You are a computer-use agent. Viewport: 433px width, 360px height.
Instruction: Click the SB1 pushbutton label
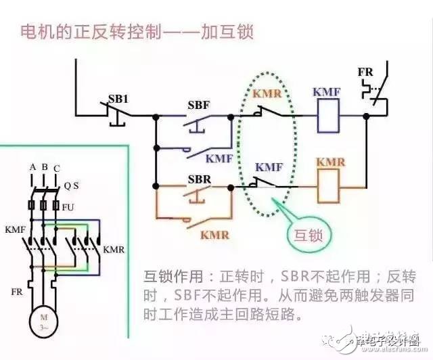(x=118, y=99)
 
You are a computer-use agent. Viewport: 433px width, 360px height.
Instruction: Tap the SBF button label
(x=198, y=106)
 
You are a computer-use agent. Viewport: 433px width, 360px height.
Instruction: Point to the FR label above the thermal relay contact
(x=366, y=72)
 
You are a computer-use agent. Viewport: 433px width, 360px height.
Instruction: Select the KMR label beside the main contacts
(x=114, y=249)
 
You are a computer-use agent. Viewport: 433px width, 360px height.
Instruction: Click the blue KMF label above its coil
(x=327, y=91)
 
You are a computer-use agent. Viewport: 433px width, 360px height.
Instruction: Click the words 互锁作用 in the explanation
(x=170, y=277)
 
